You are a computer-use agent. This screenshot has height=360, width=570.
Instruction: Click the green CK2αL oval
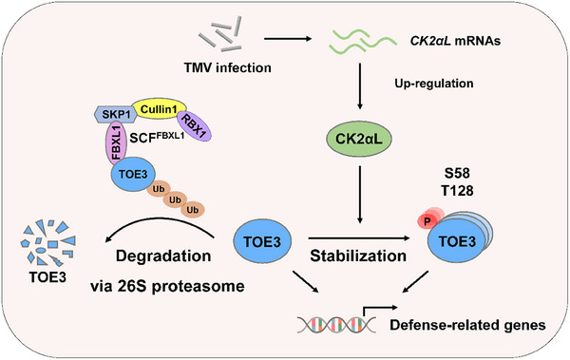point(359,139)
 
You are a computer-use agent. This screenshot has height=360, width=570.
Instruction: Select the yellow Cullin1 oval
point(159,108)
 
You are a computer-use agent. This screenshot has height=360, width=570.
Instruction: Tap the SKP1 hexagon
point(116,114)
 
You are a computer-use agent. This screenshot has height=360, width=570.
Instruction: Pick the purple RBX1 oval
point(194,125)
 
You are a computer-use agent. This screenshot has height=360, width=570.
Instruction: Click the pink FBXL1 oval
point(116,142)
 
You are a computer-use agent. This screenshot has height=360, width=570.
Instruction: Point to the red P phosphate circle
point(427,220)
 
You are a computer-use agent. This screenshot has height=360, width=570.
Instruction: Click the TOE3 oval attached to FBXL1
point(133,174)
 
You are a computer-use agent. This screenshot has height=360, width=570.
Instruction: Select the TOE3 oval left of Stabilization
point(262,241)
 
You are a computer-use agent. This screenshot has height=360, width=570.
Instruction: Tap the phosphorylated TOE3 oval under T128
point(457,241)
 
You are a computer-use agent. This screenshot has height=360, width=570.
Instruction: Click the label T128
point(457,190)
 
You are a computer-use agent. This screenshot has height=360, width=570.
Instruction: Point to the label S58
point(457,173)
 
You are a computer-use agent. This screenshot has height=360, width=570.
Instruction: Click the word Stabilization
point(358,256)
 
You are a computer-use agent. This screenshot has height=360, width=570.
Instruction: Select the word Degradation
point(163,256)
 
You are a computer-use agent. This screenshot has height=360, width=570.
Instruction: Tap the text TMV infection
point(228,67)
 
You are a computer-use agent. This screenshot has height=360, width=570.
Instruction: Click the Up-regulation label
point(434,84)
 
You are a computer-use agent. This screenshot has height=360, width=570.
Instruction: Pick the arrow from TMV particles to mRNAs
point(288,39)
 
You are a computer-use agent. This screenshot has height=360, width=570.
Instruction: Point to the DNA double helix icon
point(336,324)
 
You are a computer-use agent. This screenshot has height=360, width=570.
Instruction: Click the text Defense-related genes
point(467,325)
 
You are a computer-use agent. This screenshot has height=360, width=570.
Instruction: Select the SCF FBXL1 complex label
point(157,137)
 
